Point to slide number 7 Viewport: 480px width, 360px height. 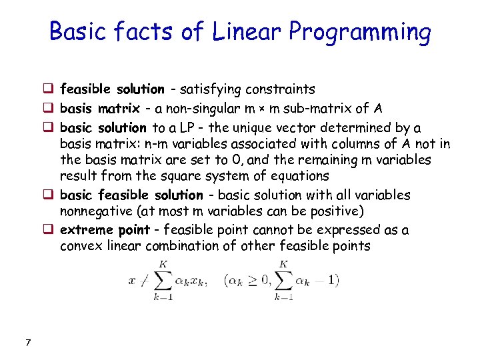coord(27,343)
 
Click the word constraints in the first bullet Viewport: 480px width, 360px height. coord(281,89)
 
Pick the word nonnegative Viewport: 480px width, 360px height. coord(95,211)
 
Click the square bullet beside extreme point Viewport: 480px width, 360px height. coord(49,230)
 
